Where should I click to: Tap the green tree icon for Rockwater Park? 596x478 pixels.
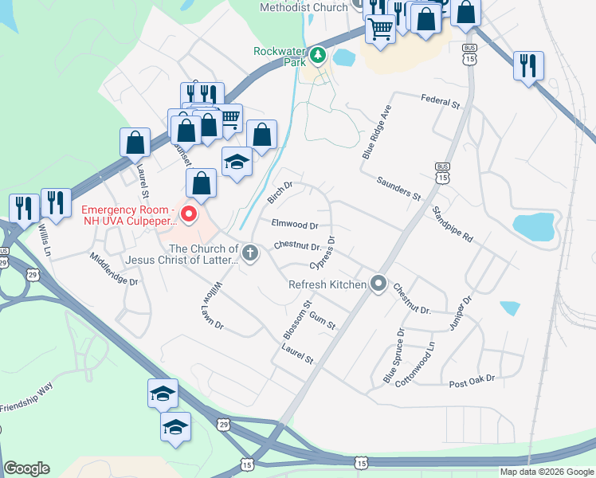point(318,54)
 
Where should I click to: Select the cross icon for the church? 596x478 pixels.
point(250,254)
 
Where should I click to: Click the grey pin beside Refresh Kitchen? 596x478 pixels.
point(378,284)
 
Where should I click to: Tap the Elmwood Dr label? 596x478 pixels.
point(294,225)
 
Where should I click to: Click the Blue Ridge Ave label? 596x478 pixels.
point(378,131)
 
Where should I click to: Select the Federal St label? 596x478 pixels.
point(441,100)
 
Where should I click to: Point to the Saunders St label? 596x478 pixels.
point(398,189)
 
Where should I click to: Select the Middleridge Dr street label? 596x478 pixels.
point(114,269)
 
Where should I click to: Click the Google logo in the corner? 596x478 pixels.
point(26,468)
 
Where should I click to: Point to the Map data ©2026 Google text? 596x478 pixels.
point(547,472)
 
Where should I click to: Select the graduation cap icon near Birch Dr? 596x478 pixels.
point(237,163)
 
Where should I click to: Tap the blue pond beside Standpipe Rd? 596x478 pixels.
point(533,226)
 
